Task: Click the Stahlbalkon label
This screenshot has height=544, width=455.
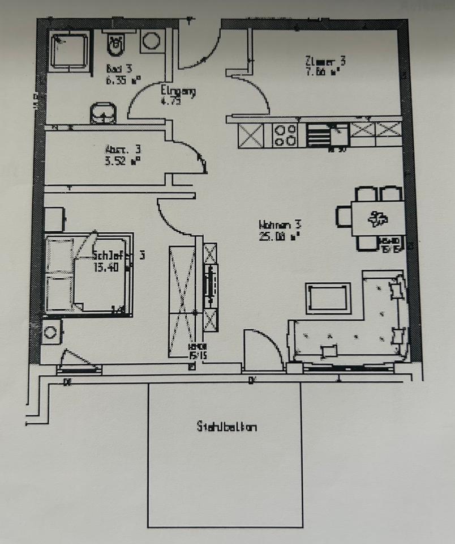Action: pyautogui.click(x=226, y=426)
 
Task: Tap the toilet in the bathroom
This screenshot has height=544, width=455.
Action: pyautogui.click(x=115, y=45)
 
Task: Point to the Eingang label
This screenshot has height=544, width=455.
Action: pyautogui.click(x=178, y=91)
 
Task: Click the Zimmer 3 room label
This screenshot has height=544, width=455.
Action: pyautogui.click(x=325, y=61)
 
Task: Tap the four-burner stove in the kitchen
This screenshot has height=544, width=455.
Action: pyautogui.click(x=285, y=135)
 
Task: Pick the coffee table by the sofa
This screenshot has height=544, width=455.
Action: pyautogui.click(x=328, y=299)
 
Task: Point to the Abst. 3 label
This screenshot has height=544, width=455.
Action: pyautogui.click(x=123, y=150)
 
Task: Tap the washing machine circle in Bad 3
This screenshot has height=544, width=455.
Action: pyautogui.click(x=151, y=41)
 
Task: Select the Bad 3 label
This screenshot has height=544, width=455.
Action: pyautogui.click(x=119, y=69)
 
